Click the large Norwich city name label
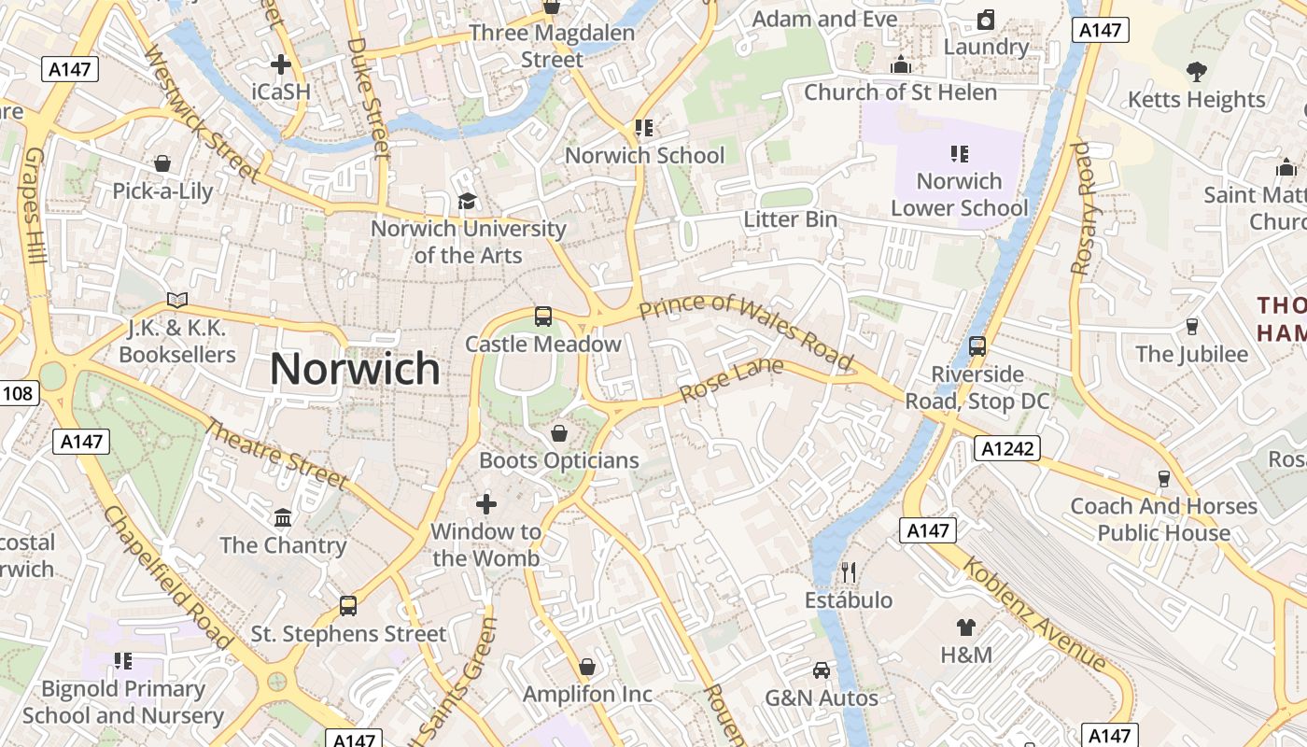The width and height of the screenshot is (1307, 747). (x=355, y=369)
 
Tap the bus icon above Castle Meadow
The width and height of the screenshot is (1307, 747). (x=543, y=317)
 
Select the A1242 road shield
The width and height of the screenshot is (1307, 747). (x=1009, y=448)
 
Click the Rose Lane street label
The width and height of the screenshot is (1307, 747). (x=732, y=381)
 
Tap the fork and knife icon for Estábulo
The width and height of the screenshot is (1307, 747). (x=849, y=571)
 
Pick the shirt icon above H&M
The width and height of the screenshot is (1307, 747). (x=966, y=627)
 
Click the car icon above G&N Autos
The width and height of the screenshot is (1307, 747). (x=822, y=669)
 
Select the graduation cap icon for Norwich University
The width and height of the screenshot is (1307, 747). (x=467, y=201)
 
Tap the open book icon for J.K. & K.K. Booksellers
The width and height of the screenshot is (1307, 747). (x=177, y=300)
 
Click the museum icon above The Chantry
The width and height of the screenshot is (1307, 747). (x=283, y=517)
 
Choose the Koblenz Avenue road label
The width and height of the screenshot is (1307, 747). (x=1034, y=614)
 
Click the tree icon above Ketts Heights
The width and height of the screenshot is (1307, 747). (x=1196, y=71)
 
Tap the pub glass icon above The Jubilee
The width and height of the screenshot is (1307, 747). (x=1191, y=327)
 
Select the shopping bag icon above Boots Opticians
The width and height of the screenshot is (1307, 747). (x=559, y=433)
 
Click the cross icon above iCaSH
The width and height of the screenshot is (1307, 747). (x=280, y=64)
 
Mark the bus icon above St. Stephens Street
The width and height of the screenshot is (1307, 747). (x=348, y=606)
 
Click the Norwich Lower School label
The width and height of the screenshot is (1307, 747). (x=959, y=194)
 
